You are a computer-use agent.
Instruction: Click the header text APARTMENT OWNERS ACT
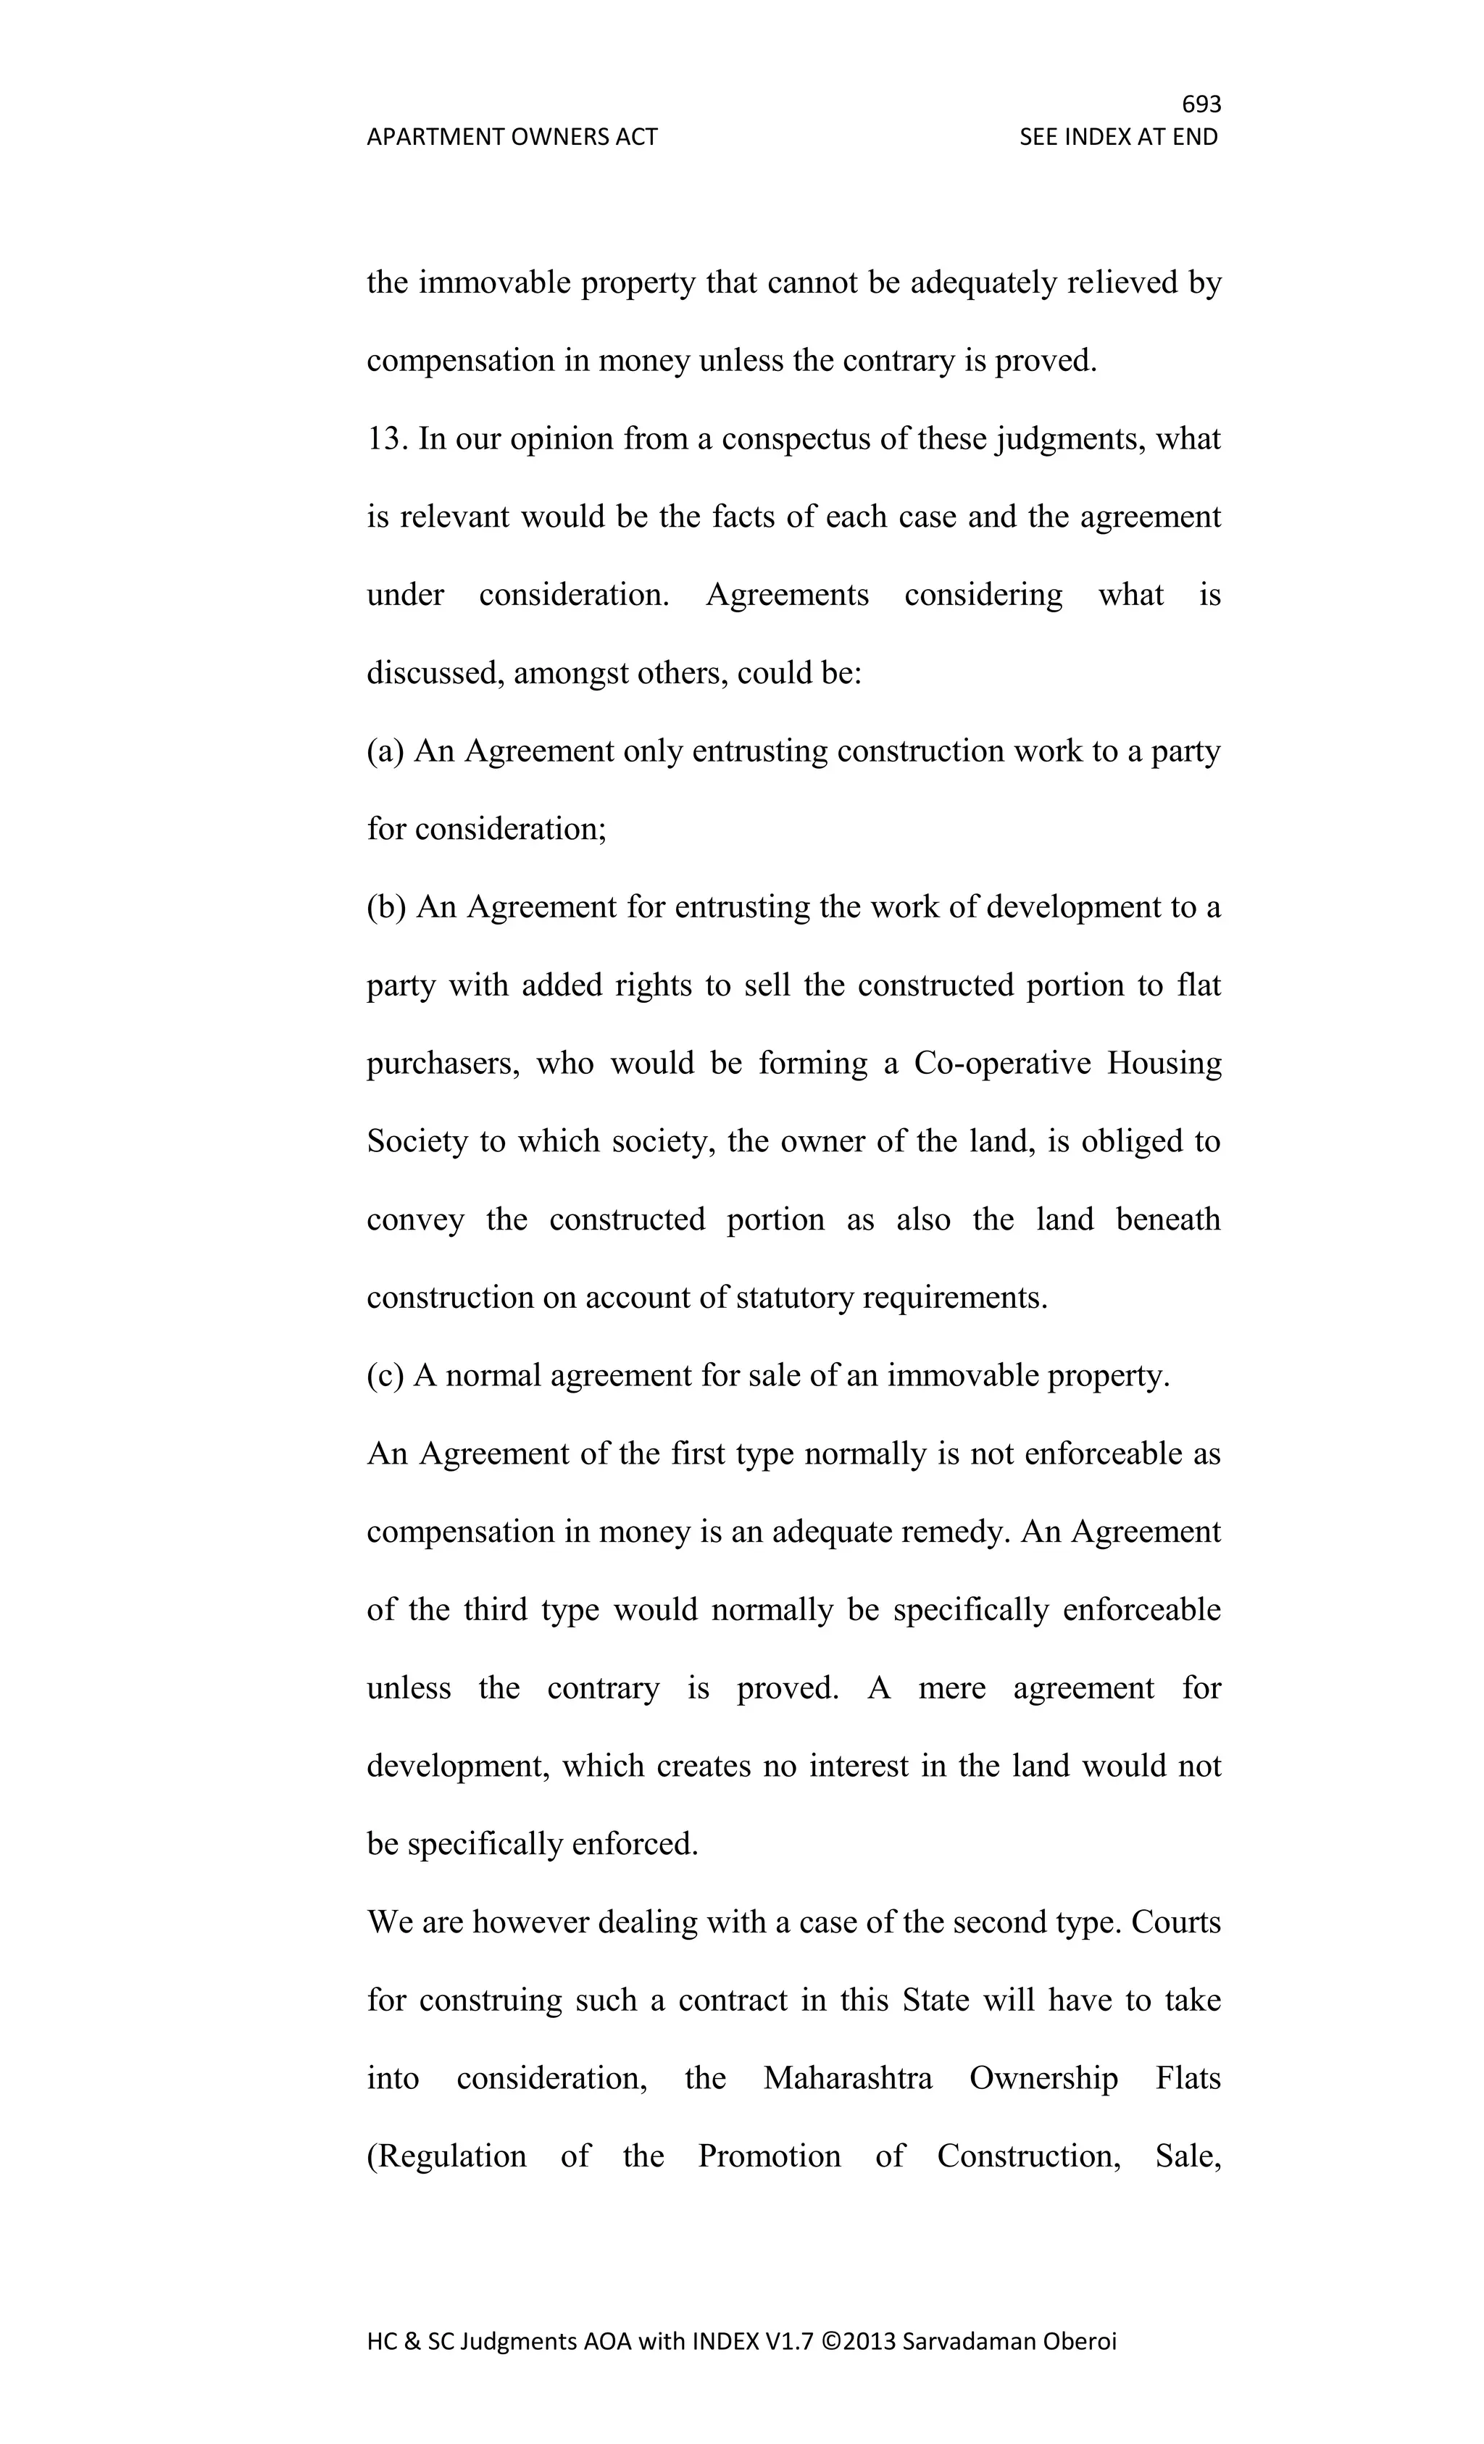(x=512, y=137)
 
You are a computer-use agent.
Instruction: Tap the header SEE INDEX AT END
(x=1118, y=137)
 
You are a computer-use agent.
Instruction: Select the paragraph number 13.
(x=387, y=438)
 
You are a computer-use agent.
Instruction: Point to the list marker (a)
(x=385, y=751)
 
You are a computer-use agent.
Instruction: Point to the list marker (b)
(x=386, y=906)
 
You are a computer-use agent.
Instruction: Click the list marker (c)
(x=385, y=1376)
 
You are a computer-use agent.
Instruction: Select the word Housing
(x=1164, y=1063)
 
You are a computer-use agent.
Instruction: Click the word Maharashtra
(x=847, y=2077)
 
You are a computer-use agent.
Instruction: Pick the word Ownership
(x=1043, y=2077)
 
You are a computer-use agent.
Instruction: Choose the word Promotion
(x=769, y=2156)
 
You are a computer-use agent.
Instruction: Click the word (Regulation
(x=446, y=2156)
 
